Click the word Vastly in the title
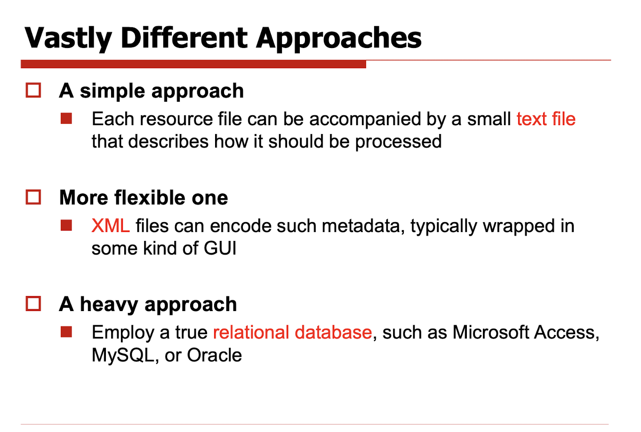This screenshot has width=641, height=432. (x=68, y=39)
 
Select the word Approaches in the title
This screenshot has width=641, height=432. (x=338, y=39)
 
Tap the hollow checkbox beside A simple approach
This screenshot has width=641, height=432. (x=33, y=90)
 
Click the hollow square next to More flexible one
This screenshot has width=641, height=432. (x=33, y=197)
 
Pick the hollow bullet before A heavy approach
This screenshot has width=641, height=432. (x=33, y=304)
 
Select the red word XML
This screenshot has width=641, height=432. (x=111, y=226)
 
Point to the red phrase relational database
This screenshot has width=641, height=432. (x=292, y=332)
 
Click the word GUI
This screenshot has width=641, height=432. (x=220, y=248)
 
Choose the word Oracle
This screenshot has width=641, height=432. (x=214, y=355)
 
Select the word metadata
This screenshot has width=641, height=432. (x=363, y=226)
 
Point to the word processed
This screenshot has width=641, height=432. (x=398, y=142)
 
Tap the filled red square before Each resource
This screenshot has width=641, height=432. (x=66, y=119)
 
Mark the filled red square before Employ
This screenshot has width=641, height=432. (x=66, y=332)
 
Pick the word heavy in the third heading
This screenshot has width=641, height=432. (x=109, y=304)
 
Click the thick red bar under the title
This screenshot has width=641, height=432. (x=193, y=64)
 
